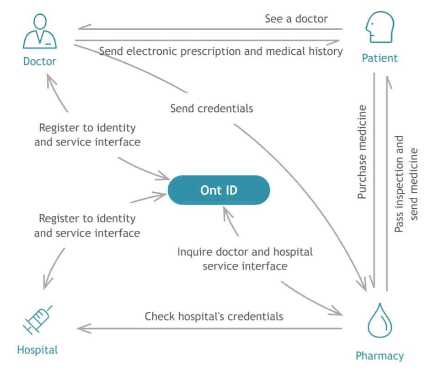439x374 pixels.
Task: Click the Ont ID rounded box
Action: (x=219, y=190)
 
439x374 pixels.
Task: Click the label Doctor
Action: (x=40, y=61)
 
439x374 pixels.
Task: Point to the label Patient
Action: (x=380, y=58)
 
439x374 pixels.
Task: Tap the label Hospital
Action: (x=37, y=350)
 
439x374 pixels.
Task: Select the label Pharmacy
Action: (x=380, y=356)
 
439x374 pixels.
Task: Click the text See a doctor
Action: (x=296, y=19)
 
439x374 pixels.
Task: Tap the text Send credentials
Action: (x=212, y=108)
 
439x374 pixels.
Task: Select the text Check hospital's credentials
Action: (x=214, y=316)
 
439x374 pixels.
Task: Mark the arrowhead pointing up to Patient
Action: (x=387, y=81)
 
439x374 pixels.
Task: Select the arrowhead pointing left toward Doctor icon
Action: (x=83, y=28)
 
